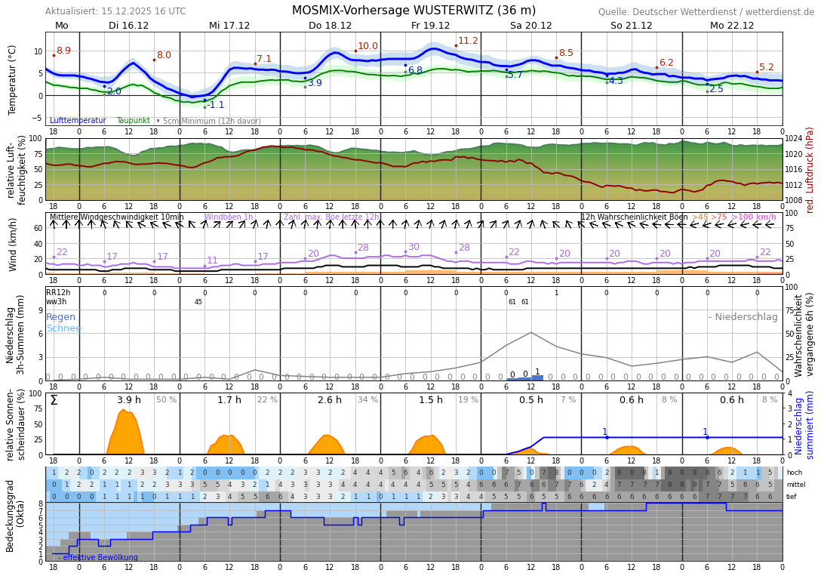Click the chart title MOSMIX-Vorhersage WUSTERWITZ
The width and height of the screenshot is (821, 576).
414,11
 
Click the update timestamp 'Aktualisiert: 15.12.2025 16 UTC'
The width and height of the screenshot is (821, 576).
115,11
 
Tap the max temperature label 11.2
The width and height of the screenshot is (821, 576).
468,41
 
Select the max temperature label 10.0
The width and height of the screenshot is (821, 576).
367,46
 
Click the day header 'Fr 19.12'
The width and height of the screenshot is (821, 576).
430,26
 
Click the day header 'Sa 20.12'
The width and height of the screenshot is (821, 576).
530,26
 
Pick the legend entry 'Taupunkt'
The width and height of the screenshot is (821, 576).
133,121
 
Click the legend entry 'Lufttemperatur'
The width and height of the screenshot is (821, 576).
78,121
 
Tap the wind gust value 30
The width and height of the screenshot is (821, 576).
414,247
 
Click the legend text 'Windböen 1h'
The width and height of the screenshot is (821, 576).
229,217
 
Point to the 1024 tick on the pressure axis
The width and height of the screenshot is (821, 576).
795,139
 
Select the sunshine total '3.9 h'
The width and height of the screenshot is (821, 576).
129,400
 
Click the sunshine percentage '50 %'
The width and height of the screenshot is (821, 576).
166,400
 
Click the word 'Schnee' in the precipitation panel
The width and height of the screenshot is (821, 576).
63,328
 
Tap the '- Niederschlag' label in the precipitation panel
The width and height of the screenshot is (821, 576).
743,317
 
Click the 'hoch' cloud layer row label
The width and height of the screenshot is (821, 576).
794,473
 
